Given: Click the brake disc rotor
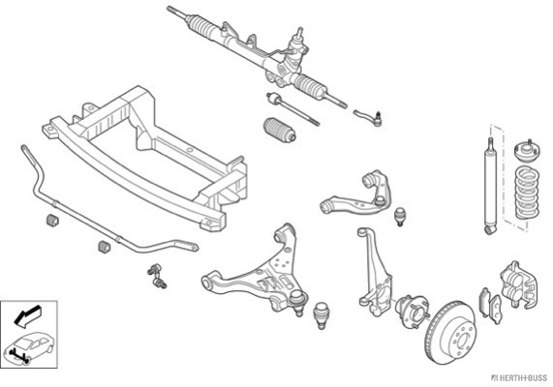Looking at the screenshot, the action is [450, 334].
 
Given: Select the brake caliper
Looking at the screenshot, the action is [519, 284].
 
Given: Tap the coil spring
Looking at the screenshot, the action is [527, 193].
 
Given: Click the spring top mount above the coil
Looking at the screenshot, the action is [528, 151].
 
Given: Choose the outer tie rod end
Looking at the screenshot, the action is [368, 117].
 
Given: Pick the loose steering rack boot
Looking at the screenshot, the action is [280, 131].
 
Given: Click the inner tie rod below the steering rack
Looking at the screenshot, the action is [292, 108].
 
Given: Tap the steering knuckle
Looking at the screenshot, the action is [375, 272].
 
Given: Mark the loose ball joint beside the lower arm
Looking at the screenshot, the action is [321, 315].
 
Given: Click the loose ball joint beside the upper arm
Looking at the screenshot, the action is [400, 217].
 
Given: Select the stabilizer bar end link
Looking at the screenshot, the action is [157, 276].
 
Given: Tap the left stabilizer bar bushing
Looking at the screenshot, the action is [52, 221].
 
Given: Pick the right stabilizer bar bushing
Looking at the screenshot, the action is [104, 247].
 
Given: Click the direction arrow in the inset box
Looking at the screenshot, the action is [28, 315].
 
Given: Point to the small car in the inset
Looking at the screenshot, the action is [28, 346].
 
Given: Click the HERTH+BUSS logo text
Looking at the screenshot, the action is [519, 378].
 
